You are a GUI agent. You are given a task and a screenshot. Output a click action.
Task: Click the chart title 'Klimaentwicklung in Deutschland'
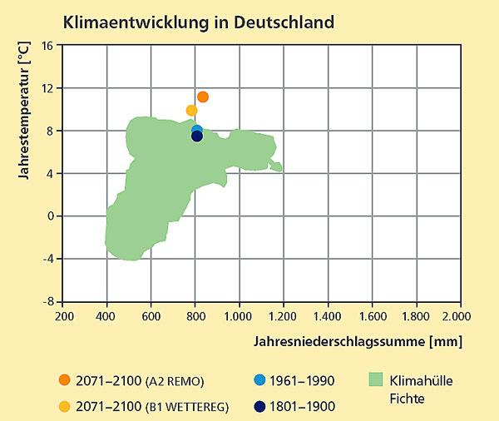(200, 20)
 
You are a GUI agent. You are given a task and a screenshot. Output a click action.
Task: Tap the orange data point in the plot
(203, 97)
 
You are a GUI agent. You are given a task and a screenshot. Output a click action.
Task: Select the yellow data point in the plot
(192, 111)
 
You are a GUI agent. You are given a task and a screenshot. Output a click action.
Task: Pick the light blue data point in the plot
(197, 131)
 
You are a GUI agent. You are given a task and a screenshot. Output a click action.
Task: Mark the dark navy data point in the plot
(197, 136)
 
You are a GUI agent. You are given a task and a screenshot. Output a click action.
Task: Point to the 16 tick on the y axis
(47, 45)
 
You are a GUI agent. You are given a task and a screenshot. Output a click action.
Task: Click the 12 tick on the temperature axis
(47, 88)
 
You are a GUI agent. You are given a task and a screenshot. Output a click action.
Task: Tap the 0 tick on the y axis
(50, 215)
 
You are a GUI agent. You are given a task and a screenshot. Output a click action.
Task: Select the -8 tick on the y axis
(47, 301)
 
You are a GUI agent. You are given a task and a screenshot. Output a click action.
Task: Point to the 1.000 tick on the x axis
(240, 317)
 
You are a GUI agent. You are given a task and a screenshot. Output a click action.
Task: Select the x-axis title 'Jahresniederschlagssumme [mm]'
(358, 341)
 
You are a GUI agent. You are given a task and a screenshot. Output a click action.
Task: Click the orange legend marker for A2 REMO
(65, 380)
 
